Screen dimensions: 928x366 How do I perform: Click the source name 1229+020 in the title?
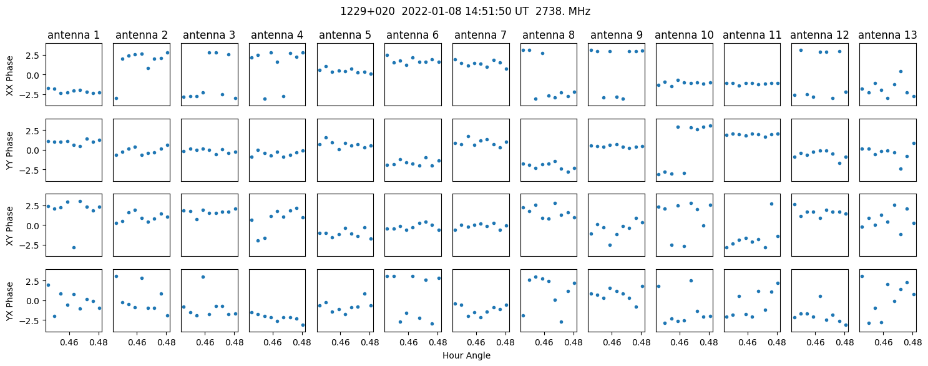pyautogui.click(x=368, y=11)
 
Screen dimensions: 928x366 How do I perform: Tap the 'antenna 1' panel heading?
pyautogui.click(x=74, y=35)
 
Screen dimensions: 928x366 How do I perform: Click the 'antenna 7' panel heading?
pyautogui.click(x=481, y=35)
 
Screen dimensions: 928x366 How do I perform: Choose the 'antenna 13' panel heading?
pyautogui.click(x=887, y=35)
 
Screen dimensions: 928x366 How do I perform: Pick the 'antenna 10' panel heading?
pyautogui.click(x=684, y=35)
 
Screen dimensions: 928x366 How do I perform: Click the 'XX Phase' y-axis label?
pyautogui.click(x=10, y=76)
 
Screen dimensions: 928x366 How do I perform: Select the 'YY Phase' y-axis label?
pyautogui.click(x=10, y=151)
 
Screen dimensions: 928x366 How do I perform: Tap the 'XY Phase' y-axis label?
pyautogui.click(x=10, y=226)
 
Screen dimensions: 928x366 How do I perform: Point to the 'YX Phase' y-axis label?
pyautogui.click(x=10, y=301)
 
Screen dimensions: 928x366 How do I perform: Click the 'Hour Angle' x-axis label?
pyautogui.click(x=466, y=355)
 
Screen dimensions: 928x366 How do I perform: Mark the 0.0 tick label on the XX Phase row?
pyautogui.click(x=36, y=75)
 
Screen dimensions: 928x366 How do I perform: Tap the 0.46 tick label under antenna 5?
pyautogui.click(x=340, y=342)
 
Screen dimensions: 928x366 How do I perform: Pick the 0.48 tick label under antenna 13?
pyautogui.click(x=912, y=342)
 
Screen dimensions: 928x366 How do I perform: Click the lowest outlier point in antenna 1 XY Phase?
pyautogui.click(x=74, y=247)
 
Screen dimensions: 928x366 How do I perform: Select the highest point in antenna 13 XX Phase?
pyautogui.click(x=901, y=71)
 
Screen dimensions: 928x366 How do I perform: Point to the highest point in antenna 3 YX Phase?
pyautogui.click(x=203, y=277)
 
